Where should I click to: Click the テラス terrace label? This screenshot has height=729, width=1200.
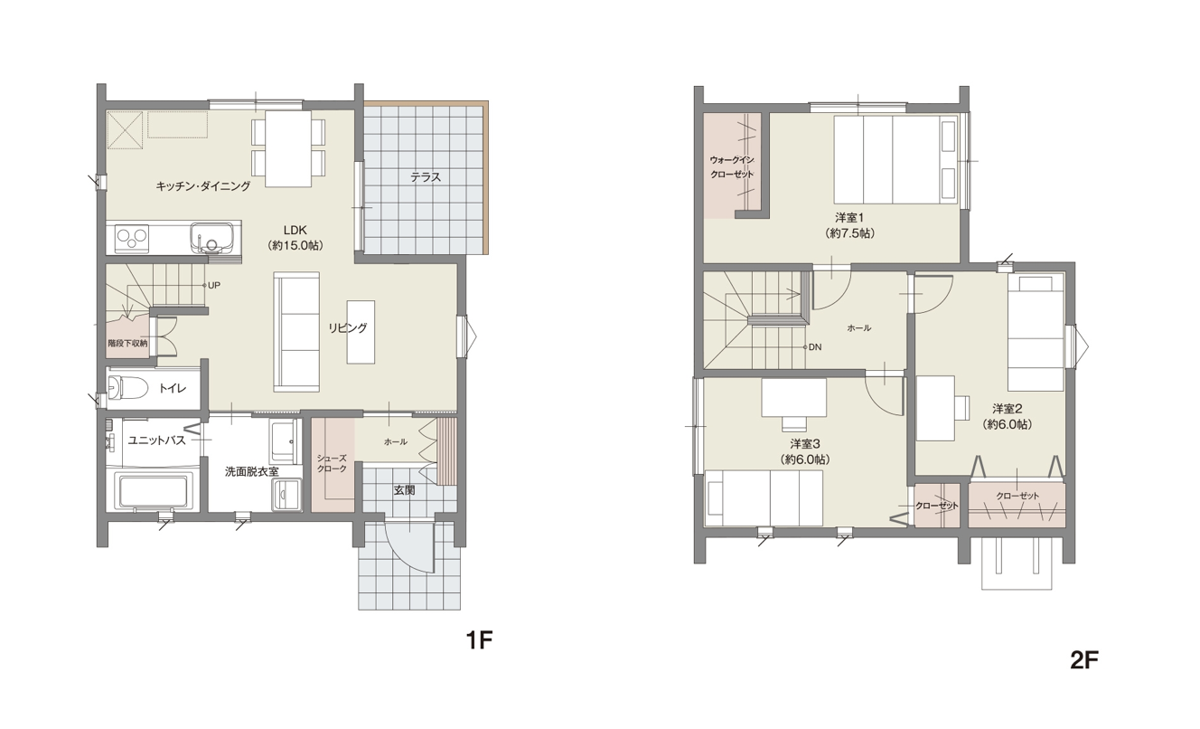coord(426,177)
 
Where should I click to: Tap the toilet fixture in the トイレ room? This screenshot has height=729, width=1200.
coord(127,387)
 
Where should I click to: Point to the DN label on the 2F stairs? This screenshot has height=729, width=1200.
coord(815,346)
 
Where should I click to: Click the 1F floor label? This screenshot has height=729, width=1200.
coord(479,640)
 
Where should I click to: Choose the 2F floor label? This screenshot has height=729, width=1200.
coord(1084,660)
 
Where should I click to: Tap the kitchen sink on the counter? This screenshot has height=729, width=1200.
coord(211,238)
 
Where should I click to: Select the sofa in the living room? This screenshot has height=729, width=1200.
coord(296,332)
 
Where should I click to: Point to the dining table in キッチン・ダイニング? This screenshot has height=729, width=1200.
coord(288,148)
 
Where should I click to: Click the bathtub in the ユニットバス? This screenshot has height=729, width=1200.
coord(154,490)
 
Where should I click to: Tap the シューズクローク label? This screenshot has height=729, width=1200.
coord(333,463)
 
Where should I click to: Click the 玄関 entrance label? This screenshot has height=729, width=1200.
coord(405,490)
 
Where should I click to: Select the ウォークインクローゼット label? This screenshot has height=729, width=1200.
coord(732,167)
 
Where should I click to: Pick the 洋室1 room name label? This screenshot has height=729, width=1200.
coord(849,218)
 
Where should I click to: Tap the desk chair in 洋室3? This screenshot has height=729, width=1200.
coord(794,423)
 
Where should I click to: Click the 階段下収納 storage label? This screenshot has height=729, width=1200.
coord(127,343)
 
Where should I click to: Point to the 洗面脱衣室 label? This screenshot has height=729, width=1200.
coord(252,472)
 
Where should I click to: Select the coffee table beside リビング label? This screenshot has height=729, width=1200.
coord(361,332)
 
